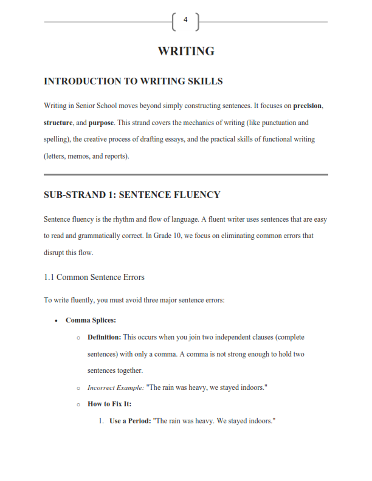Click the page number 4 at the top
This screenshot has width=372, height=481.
tap(185, 21)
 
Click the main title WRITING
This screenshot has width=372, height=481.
tap(186, 51)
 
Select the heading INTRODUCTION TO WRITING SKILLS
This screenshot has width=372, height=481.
tap(133, 81)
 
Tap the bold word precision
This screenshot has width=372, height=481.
tap(308, 106)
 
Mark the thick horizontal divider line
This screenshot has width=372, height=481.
tap(186, 175)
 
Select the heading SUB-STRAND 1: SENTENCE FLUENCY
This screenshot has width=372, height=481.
tap(132, 195)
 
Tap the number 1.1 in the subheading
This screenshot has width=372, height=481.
tap(49, 277)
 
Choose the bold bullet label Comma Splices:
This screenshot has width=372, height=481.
tap(91, 320)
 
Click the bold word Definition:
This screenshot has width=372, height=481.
tap(105, 336)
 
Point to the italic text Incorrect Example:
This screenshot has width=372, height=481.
tap(116, 387)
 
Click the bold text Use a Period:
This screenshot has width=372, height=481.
tap(130, 420)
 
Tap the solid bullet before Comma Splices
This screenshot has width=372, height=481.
tap(56, 321)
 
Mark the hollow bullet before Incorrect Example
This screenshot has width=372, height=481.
tap(78, 387)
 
